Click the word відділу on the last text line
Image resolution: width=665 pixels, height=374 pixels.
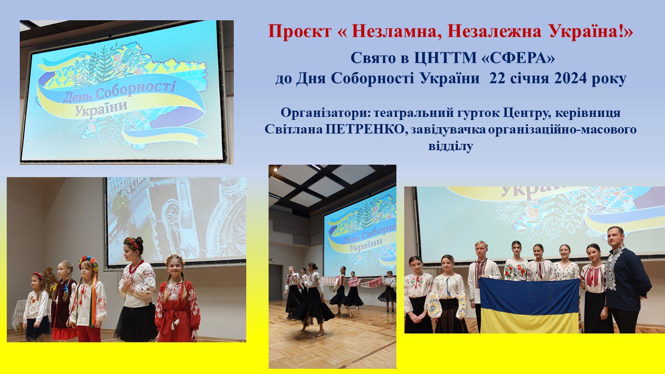coord(450,146)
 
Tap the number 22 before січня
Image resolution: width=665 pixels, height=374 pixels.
coord(498,78)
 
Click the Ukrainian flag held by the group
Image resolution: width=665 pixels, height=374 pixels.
coord(529,306)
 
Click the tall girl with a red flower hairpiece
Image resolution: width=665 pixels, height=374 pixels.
coord(137,289)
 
